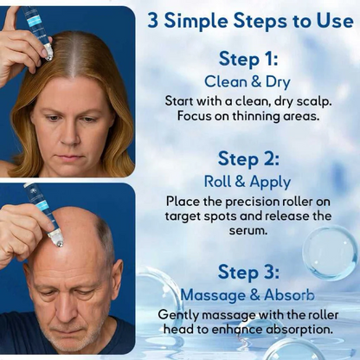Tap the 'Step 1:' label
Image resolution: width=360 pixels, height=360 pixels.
tap(248, 59)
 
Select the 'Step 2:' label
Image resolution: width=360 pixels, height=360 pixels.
tap(248, 158)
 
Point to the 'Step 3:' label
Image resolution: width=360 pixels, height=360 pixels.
tap(248, 272)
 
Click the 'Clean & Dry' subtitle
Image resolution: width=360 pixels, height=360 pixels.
tap(247, 80)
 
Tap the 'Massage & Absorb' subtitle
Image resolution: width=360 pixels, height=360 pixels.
tap(247, 294)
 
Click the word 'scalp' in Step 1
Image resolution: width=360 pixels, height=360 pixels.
tap(311, 100)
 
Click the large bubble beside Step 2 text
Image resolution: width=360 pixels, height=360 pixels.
tap(330, 252)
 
